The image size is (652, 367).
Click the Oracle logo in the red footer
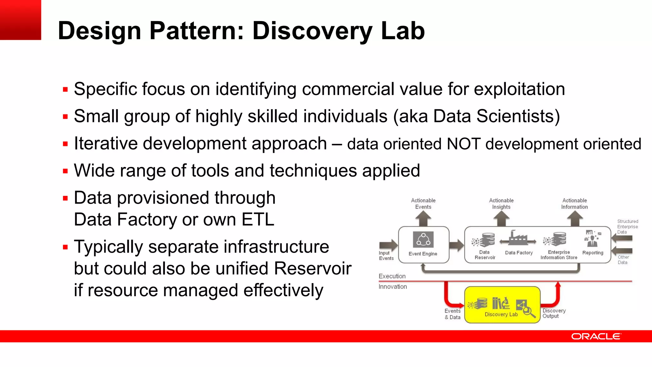coord(596,336)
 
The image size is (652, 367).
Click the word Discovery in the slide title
coord(312,31)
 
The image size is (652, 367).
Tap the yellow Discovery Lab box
coord(502,305)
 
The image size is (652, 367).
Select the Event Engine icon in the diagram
coord(423,240)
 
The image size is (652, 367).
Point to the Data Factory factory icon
coord(518,239)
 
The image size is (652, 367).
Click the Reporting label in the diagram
coord(593,253)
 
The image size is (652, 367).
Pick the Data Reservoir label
coord(485,255)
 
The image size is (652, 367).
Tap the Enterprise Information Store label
coord(559,255)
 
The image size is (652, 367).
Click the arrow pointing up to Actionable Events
coord(423,219)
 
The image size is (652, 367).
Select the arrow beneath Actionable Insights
coord(501,219)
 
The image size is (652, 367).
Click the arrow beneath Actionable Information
coord(575,219)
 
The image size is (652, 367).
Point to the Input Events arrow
coord(388,245)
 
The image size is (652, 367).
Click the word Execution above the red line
coord(392,276)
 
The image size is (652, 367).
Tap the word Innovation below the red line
coord(393,287)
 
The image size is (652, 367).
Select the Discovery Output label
coord(554,313)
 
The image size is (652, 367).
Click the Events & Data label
coord(452,314)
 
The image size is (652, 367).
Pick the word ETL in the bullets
coord(258,220)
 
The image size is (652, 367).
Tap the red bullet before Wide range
coord(66,171)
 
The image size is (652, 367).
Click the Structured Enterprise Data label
coord(627,227)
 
